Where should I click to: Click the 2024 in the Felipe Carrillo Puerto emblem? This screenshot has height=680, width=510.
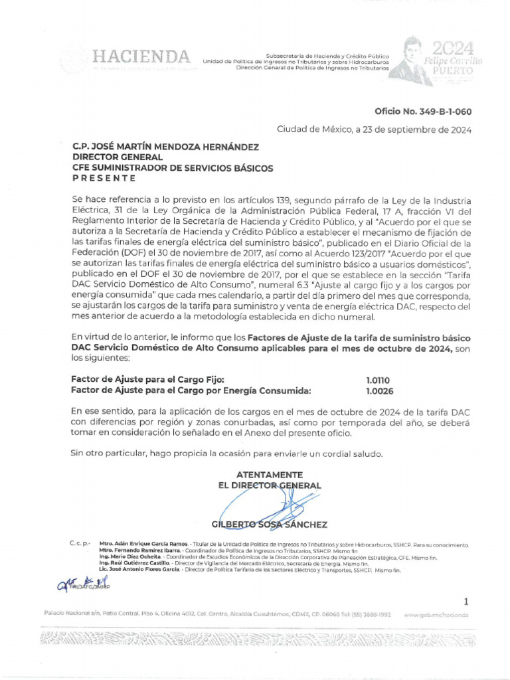[x=452, y=48]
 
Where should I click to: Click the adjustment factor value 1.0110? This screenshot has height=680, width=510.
[x=378, y=380]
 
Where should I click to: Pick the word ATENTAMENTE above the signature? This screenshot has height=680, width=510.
[x=270, y=475]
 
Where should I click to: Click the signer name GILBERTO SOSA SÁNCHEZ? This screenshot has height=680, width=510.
[x=269, y=525]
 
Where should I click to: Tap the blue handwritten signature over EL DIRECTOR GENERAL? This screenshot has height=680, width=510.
[x=266, y=501]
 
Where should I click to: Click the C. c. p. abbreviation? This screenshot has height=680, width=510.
[x=79, y=544]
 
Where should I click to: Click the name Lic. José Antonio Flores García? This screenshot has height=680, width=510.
[x=139, y=570]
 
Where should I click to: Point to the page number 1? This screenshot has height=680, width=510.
[x=466, y=602]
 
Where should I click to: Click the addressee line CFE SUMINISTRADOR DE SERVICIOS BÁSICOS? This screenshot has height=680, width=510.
[x=172, y=168]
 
